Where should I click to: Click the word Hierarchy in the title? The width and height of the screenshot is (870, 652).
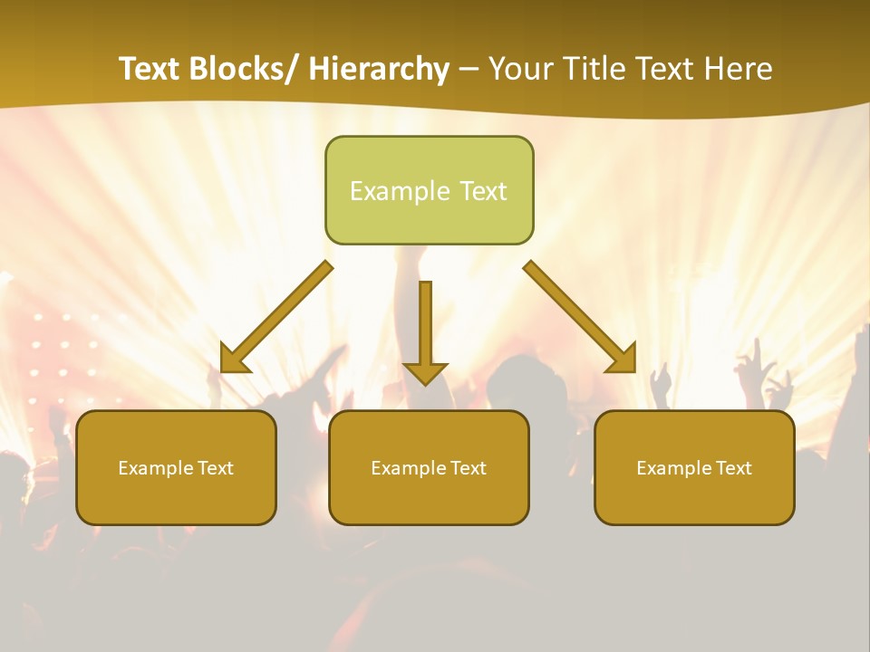(379, 69)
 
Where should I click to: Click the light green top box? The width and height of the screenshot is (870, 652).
(429, 190)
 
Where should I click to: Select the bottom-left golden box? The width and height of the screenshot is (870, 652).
(176, 467)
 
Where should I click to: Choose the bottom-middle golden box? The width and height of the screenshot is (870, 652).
(429, 467)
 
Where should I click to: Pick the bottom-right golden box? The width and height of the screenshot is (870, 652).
(694, 467)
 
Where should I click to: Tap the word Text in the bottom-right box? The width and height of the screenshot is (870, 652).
(732, 468)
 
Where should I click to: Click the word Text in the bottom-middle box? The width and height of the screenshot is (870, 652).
(467, 468)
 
